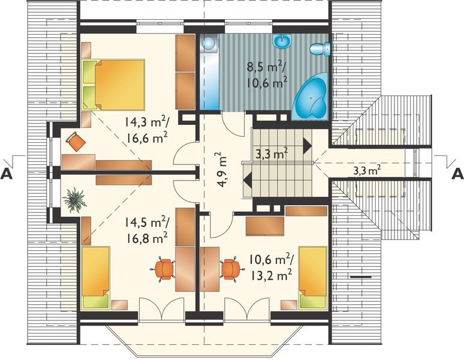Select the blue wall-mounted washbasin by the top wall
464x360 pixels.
coord(282,41)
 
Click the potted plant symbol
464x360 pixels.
coord(74,200)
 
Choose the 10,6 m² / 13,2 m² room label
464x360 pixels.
coord(270,268)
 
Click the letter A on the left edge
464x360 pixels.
coord(7,174)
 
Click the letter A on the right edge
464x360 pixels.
coord(457,174)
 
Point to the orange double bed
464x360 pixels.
coord(114,85)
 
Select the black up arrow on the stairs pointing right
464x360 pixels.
coord(307,146)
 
